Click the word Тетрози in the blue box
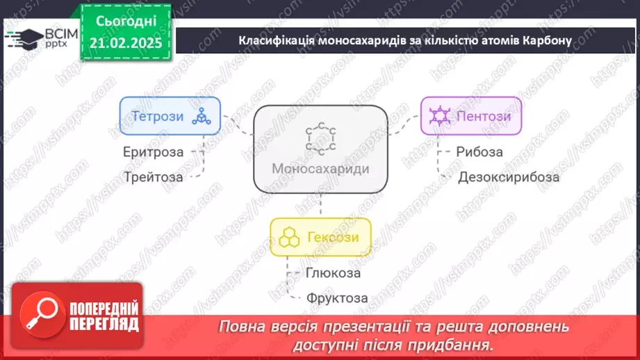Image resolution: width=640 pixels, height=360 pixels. pyautogui.click(x=159, y=116)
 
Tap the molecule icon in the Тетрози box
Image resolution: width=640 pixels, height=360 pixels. pyautogui.click(x=203, y=116)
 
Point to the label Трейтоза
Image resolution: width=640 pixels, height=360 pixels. pyautogui.click(x=154, y=177)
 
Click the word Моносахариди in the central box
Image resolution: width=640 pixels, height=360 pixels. pyautogui.click(x=320, y=169)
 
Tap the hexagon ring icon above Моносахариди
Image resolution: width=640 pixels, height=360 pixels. pyautogui.click(x=320, y=138)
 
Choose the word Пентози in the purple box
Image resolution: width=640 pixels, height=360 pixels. pyautogui.click(x=484, y=116)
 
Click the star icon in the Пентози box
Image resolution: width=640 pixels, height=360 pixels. pyautogui.click(x=439, y=116)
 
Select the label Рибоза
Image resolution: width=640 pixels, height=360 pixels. pyautogui.click(x=479, y=152)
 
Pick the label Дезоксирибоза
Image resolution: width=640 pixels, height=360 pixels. pyautogui.click(x=509, y=177)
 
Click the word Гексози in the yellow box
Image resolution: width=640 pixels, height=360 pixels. pyautogui.click(x=332, y=238)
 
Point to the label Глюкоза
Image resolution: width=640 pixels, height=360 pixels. pyautogui.click(x=333, y=272)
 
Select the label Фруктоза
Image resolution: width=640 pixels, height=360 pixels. pyautogui.click(x=337, y=298)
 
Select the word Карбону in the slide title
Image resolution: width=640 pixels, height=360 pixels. pyautogui.click(x=546, y=40)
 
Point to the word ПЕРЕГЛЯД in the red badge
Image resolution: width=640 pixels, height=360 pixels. pyautogui.click(x=104, y=323)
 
